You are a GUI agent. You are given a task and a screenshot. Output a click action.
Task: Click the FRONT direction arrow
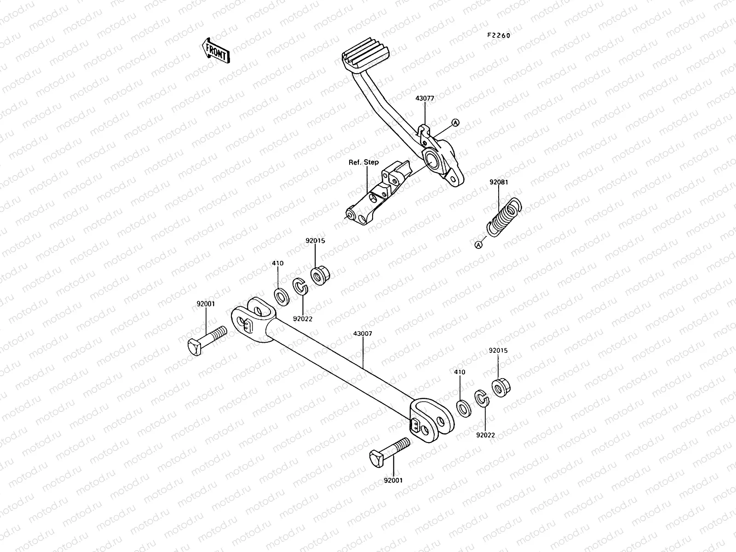[x=215, y=50]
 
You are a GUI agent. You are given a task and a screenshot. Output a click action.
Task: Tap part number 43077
[x=424, y=98]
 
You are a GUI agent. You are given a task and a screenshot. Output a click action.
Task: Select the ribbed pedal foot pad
[x=366, y=59]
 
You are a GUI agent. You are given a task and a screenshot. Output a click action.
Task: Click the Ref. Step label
[x=364, y=162]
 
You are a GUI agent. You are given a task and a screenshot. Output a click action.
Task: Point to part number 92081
[x=499, y=182]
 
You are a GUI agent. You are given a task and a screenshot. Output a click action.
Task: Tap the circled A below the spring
[x=478, y=245]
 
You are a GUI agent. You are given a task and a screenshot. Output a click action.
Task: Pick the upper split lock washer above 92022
[x=300, y=288]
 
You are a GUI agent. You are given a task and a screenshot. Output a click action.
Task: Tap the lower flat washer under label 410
[x=463, y=408]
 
